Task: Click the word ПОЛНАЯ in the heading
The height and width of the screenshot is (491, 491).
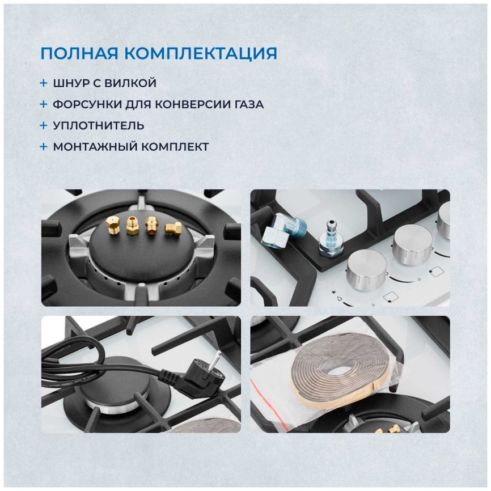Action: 79,53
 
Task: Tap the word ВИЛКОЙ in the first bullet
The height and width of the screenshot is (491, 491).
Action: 130,83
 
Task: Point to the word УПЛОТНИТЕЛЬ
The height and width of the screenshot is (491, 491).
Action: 99,125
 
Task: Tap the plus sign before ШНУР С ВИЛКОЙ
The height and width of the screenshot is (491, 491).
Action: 44,83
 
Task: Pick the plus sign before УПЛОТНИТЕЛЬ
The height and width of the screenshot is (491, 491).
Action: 44,125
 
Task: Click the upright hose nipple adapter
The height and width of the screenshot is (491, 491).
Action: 331,240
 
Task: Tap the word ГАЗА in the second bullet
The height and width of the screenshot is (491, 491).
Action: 249,104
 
